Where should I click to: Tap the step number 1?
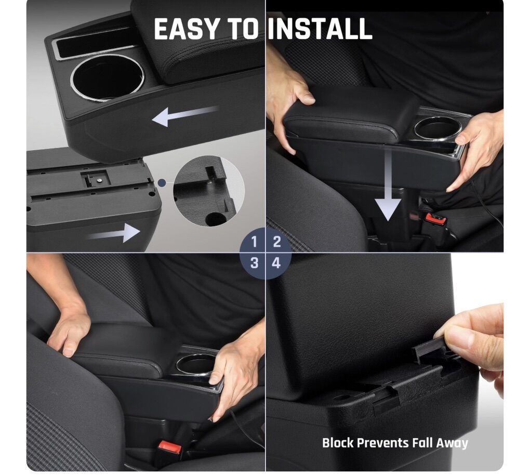pyautogui.click(x=254, y=242)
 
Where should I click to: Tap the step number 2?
pyautogui.click(x=277, y=242)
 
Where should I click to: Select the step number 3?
pyautogui.click(x=254, y=262)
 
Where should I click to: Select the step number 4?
pyautogui.click(x=276, y=262)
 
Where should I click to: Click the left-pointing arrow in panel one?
pyautogui.click(x=185, y=115)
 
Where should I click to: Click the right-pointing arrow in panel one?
pyautogui.click(x=114, y=233)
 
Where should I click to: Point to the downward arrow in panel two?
pyautogui.click(x=388, y=184)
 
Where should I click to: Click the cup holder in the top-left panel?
pyautogui.click(x=108, y=77)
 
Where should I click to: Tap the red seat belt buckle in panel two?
pyautogui.click(x=436, y=219)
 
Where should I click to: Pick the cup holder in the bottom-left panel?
pyautogui.click(x=195, y=365)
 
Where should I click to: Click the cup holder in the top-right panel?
pyautogui.click(x=438, y=128)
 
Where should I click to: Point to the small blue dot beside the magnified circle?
pyautogui.click(x=162, y=183)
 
